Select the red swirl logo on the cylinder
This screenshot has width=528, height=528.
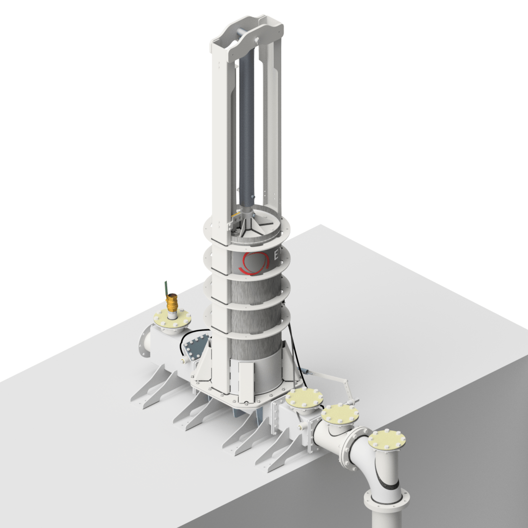click(254, 264)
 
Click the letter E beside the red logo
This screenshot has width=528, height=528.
click(277, 255)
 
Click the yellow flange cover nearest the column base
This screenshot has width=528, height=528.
click(304, 399)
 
